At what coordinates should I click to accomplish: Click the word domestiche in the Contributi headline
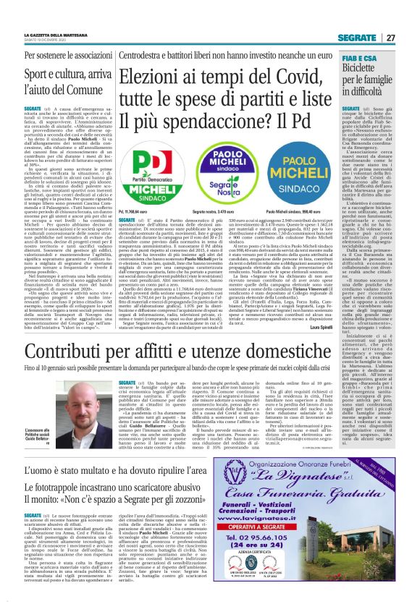[x=287, y=352]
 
